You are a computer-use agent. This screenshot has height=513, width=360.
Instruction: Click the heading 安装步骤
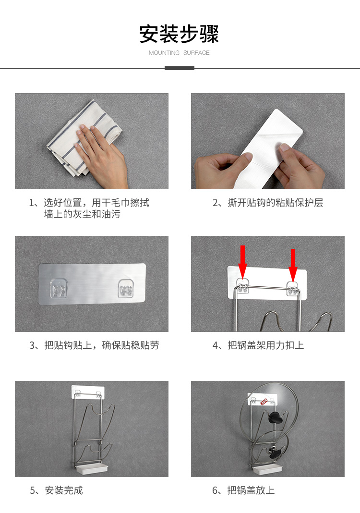179,34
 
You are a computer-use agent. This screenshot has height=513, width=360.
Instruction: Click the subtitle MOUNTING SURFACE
179,53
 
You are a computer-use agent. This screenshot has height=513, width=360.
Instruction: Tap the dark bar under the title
180,68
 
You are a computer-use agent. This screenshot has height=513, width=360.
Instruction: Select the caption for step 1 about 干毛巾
89,208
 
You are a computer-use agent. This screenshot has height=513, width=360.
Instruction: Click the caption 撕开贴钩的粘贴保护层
268,203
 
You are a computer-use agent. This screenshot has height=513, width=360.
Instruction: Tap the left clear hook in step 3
59,289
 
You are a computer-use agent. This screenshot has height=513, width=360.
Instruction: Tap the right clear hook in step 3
126,289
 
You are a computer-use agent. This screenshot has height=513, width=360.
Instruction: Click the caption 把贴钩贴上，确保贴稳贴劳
94,345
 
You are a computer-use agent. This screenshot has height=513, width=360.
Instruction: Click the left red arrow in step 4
242,262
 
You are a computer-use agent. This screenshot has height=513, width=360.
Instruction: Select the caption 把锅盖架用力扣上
258,345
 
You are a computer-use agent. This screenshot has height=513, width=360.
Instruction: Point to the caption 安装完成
56,490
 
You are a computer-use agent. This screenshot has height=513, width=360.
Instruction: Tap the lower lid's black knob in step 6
275,452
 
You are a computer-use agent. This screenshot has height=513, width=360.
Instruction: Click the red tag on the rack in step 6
264,402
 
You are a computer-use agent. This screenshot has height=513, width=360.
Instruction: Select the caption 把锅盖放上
243,490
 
